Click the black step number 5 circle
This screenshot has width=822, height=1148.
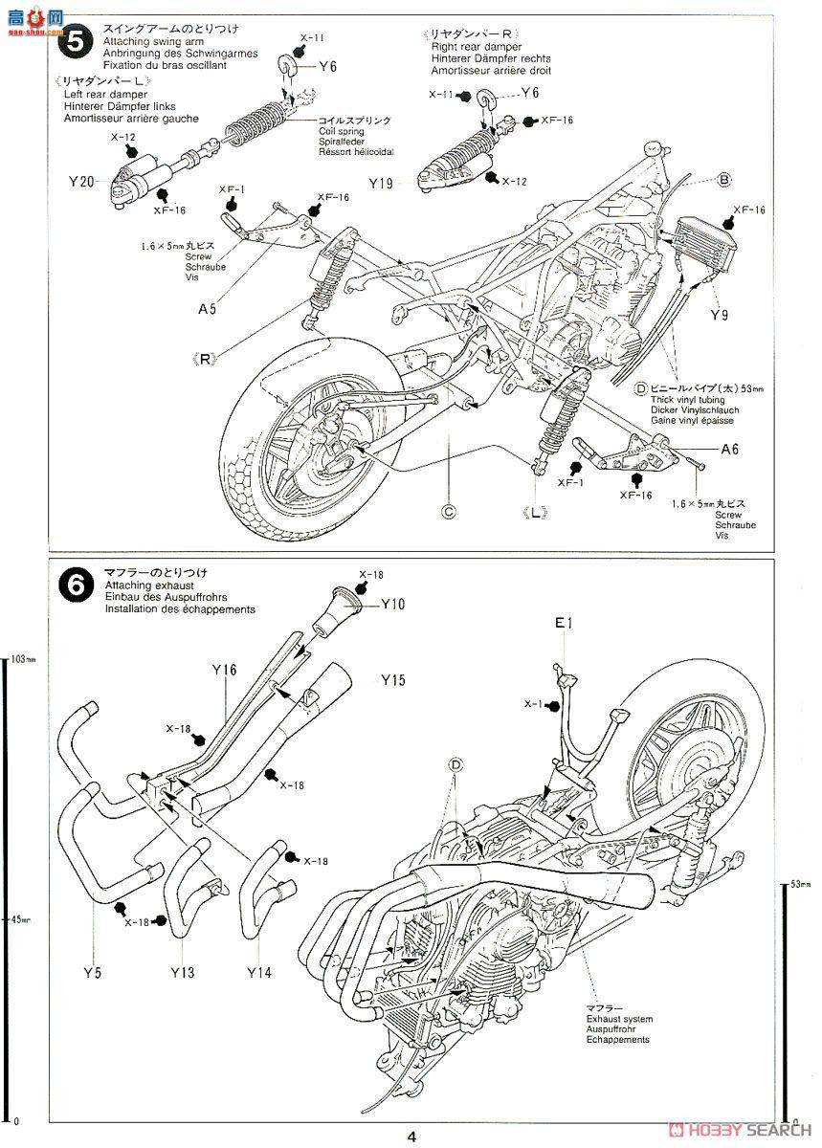point(74,43)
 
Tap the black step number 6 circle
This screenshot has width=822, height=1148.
point(74,585)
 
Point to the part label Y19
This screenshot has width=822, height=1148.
point(380,184)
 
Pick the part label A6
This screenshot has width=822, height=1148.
point(729,448)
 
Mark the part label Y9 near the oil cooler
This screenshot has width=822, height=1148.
point(720,313)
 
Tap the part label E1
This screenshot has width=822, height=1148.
point(564,623)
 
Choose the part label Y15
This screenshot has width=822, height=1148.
point(393,680)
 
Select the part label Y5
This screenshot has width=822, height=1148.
point(91,972)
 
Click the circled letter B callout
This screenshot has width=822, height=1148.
point(724,179)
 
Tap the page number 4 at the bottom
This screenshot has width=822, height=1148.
point(411,1137)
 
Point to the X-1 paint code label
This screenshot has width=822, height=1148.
point(533,704)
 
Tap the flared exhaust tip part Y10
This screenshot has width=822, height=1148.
point(332,611)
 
